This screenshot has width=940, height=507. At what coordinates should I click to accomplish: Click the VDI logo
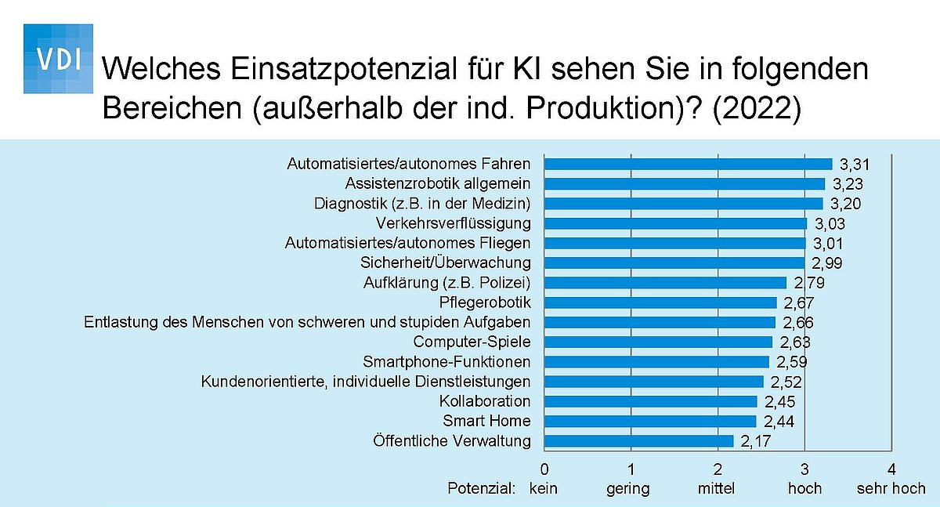click(x=58, y=59)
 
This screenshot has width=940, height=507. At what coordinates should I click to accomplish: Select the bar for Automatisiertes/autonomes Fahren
click(x=689, y=164)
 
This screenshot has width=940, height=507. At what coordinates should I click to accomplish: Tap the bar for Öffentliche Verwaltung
click(x=639, y=441)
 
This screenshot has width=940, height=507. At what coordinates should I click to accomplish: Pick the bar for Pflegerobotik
click(x=660, y=302)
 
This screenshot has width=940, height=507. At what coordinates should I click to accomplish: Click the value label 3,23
click(x=848, y=184)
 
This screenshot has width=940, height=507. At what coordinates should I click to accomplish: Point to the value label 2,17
click(x=756, y=441)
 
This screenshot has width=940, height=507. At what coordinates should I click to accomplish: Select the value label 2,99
click(x=826, y=263)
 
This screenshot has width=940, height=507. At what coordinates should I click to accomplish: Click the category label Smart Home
click(x=486, y=421)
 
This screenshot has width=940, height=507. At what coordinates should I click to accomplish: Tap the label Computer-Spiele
click(x=472, y=342)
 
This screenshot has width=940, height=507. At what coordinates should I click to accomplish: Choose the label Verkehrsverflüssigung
click(x=454, y=223)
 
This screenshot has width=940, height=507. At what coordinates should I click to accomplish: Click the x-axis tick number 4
click(x=891, y=469)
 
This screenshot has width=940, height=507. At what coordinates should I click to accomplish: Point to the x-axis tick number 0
click(x=544, y=469)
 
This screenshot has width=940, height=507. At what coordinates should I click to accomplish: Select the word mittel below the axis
click(x=716, y=488)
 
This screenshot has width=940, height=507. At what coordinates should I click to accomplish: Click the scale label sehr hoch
click(x=891, y=488)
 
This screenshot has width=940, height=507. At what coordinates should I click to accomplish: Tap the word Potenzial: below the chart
click(x=481, y=488)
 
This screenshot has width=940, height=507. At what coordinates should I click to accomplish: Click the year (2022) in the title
click(x=757, y=108)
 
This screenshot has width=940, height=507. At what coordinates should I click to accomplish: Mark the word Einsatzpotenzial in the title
click(x=344, y=69)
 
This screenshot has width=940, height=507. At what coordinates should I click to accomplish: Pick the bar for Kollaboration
click(x=651, y=402)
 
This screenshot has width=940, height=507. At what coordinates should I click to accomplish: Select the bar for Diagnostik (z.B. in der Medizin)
click(x=684, y=204)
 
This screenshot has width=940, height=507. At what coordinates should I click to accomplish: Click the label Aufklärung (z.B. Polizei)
click(x=447, y=283)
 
